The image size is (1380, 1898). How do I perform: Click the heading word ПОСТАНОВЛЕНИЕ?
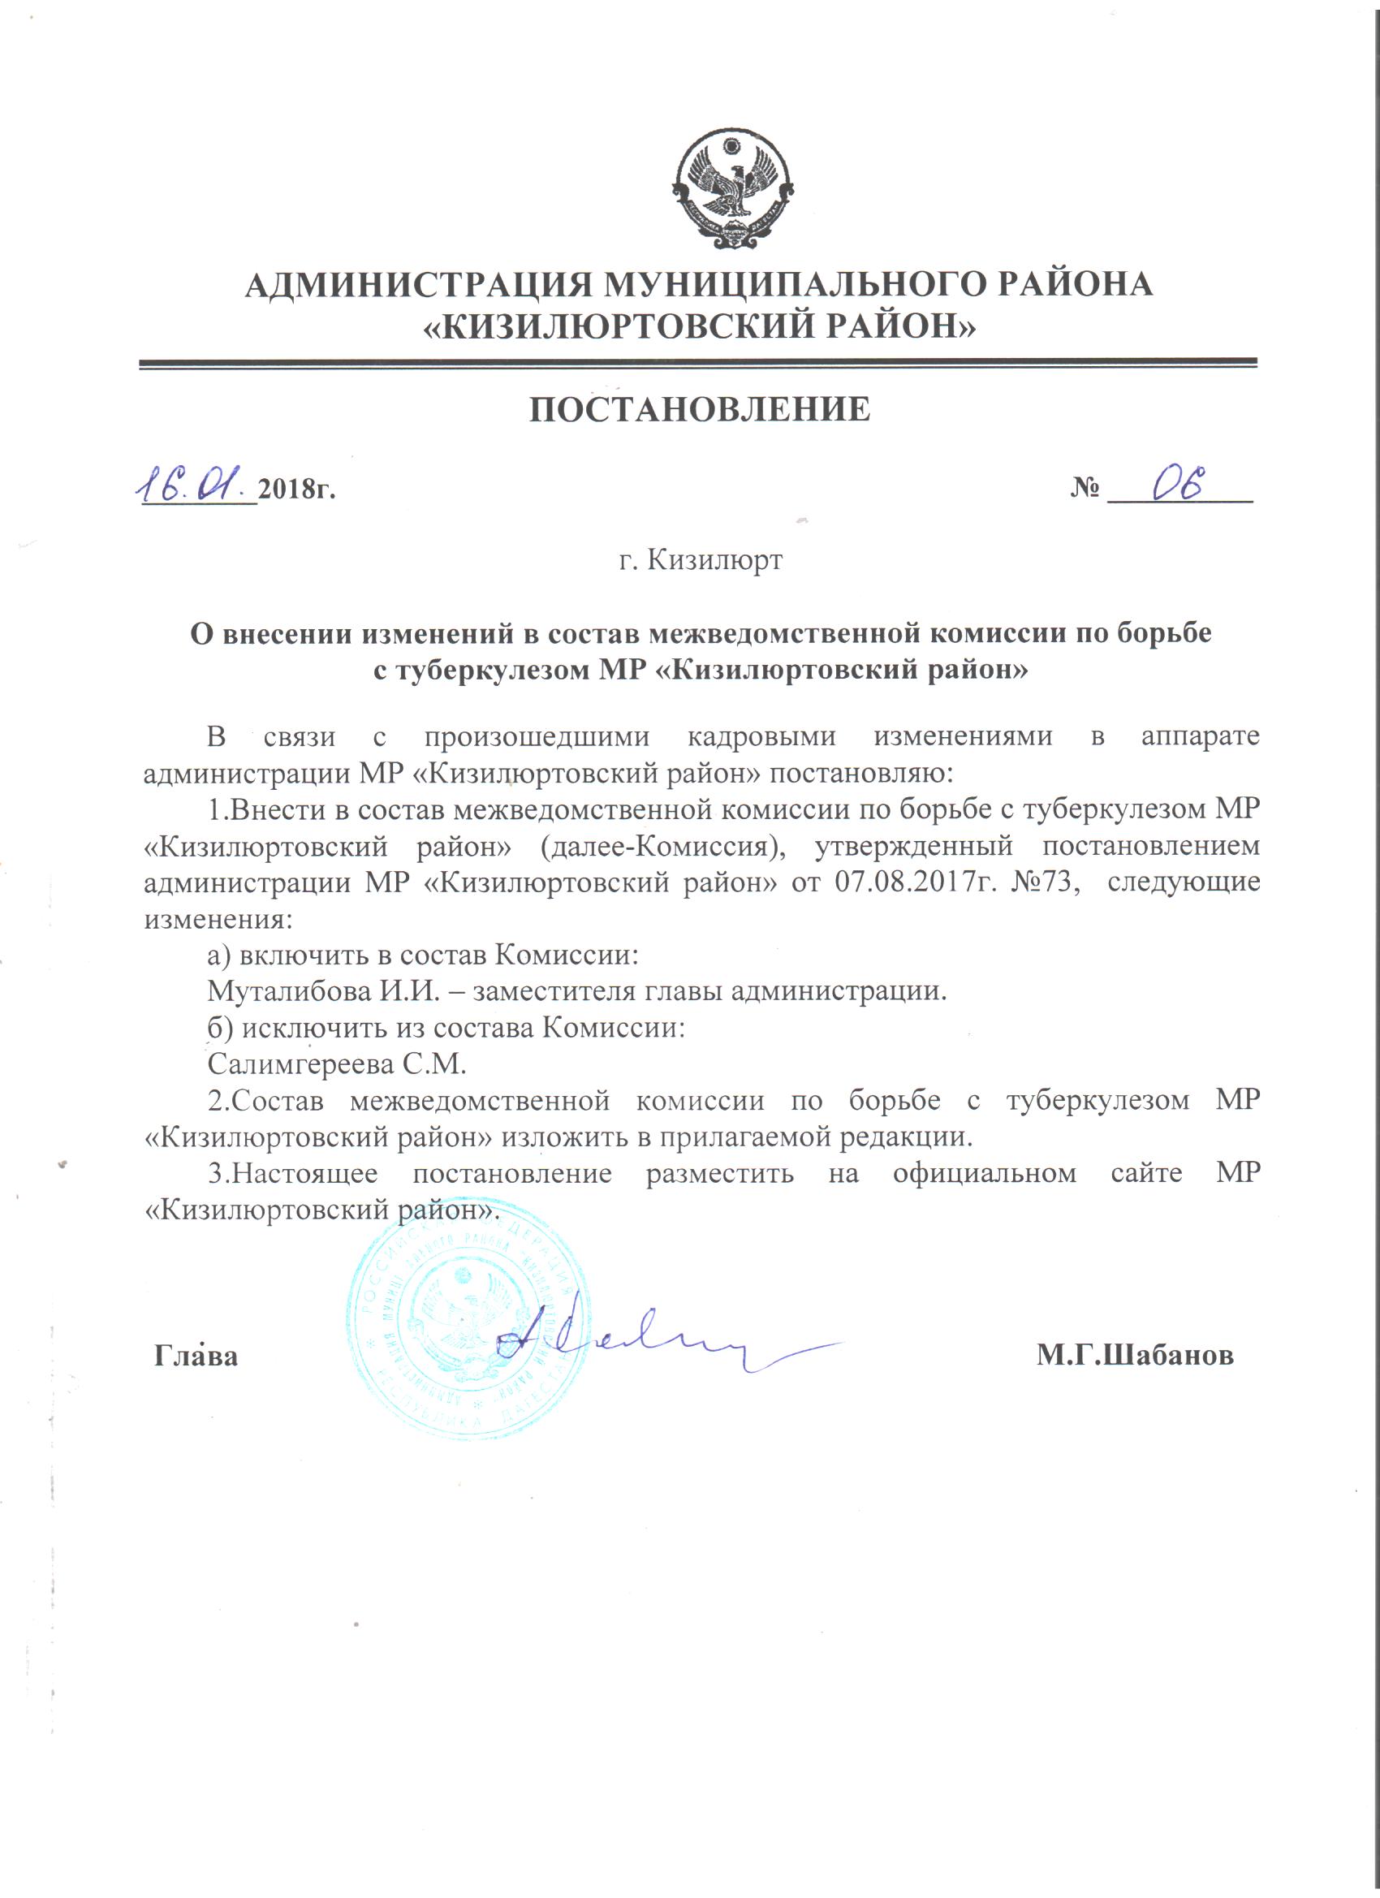700,409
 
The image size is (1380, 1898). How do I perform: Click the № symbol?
1085,488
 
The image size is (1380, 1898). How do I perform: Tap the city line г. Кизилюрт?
701,559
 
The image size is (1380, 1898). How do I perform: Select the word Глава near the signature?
196,1356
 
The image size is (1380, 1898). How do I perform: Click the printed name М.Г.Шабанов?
1134,1356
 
